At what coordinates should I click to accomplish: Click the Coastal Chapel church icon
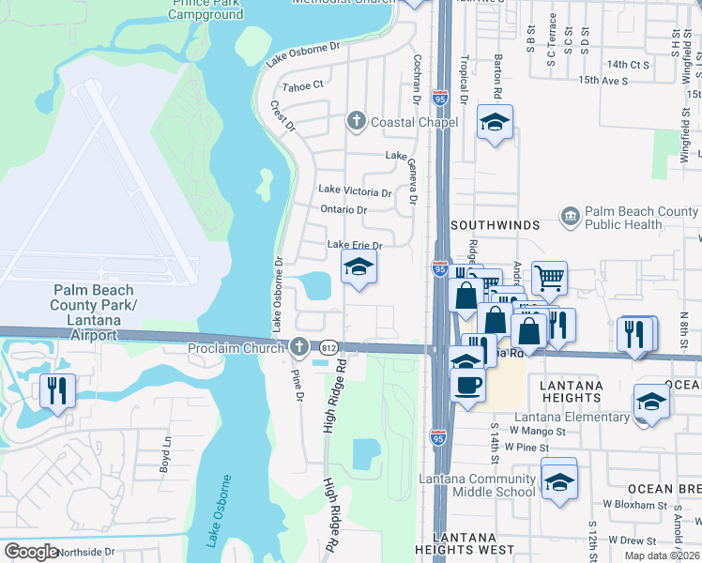356,121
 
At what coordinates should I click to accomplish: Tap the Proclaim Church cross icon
299,347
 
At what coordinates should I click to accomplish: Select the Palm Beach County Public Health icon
570,218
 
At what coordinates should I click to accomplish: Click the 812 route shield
328,348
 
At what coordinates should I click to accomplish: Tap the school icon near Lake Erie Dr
359,268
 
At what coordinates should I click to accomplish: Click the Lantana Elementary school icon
651,402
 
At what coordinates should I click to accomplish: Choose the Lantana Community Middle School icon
559,480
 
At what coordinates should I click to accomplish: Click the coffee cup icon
467,383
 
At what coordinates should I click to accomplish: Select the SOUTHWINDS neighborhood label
495,226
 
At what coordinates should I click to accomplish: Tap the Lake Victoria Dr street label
355,191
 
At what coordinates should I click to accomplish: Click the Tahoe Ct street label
303,84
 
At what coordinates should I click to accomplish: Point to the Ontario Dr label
343,209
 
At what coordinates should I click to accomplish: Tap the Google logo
32,551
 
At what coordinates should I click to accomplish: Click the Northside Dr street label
84,553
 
